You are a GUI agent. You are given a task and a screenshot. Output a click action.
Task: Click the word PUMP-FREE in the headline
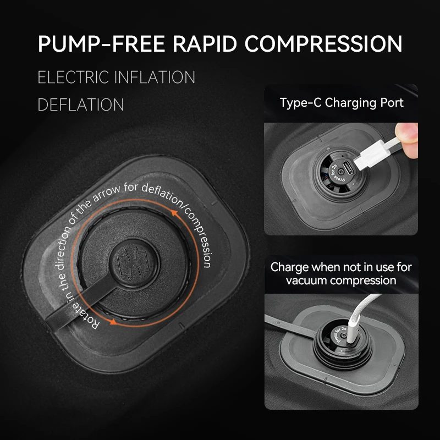tap(101, 44)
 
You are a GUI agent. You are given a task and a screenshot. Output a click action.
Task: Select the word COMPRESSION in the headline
tap(323, 44)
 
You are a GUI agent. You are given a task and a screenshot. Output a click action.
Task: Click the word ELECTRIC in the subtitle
tap(73, 77)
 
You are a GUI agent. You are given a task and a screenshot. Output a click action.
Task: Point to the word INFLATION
tap(155, 77)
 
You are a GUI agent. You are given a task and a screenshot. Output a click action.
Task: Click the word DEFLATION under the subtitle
tap(81, 105)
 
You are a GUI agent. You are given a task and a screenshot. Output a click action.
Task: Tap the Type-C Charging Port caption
tap(342, 103)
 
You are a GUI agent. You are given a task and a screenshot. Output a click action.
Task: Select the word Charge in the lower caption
tap(289, 267)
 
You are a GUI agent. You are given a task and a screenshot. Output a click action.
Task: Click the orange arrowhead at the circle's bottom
tap(113, 322)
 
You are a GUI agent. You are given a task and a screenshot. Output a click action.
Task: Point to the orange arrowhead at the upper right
tap(175, 213)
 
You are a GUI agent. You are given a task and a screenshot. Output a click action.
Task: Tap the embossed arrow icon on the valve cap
tap(133, 263)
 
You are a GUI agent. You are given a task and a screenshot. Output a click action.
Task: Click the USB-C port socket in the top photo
tap(349, 168)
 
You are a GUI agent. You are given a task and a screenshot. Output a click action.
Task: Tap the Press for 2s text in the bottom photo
tap(340, 334)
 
